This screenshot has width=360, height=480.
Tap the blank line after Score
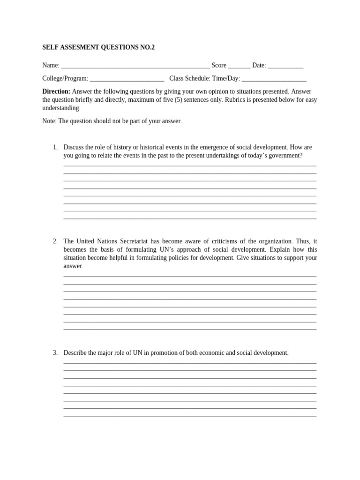pyautogui.click(x=239, y=66)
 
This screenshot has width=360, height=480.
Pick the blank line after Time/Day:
pyautogui.click(x=274, y=79)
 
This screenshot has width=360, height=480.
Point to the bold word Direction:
pyautogui.click(x=56, y=91)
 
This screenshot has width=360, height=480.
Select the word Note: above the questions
pyautogui.click(x=49, y=121)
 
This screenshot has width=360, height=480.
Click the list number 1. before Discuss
pyautogui.click(x=55, y=147)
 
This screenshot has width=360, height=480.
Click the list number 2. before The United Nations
pyautogui.click(x=55, y=241)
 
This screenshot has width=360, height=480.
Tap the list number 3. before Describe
pyautogui.click(x=55, y=352)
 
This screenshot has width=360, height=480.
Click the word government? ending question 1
pyautogui.click(x=285, y=155)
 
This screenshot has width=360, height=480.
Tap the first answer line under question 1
pyautogui.click(x=189, y=165)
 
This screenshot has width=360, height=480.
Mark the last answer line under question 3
pyautogui.click(x=189, y=416)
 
